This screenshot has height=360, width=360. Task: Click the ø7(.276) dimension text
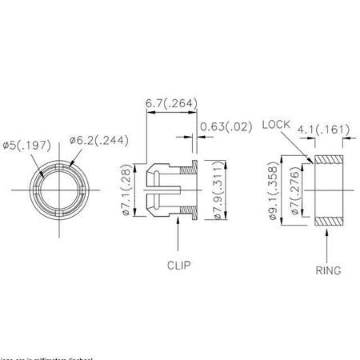tap(296, 191)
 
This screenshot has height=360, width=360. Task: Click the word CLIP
tap(178, 263)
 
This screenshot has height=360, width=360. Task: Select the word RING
tap(328, 270)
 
